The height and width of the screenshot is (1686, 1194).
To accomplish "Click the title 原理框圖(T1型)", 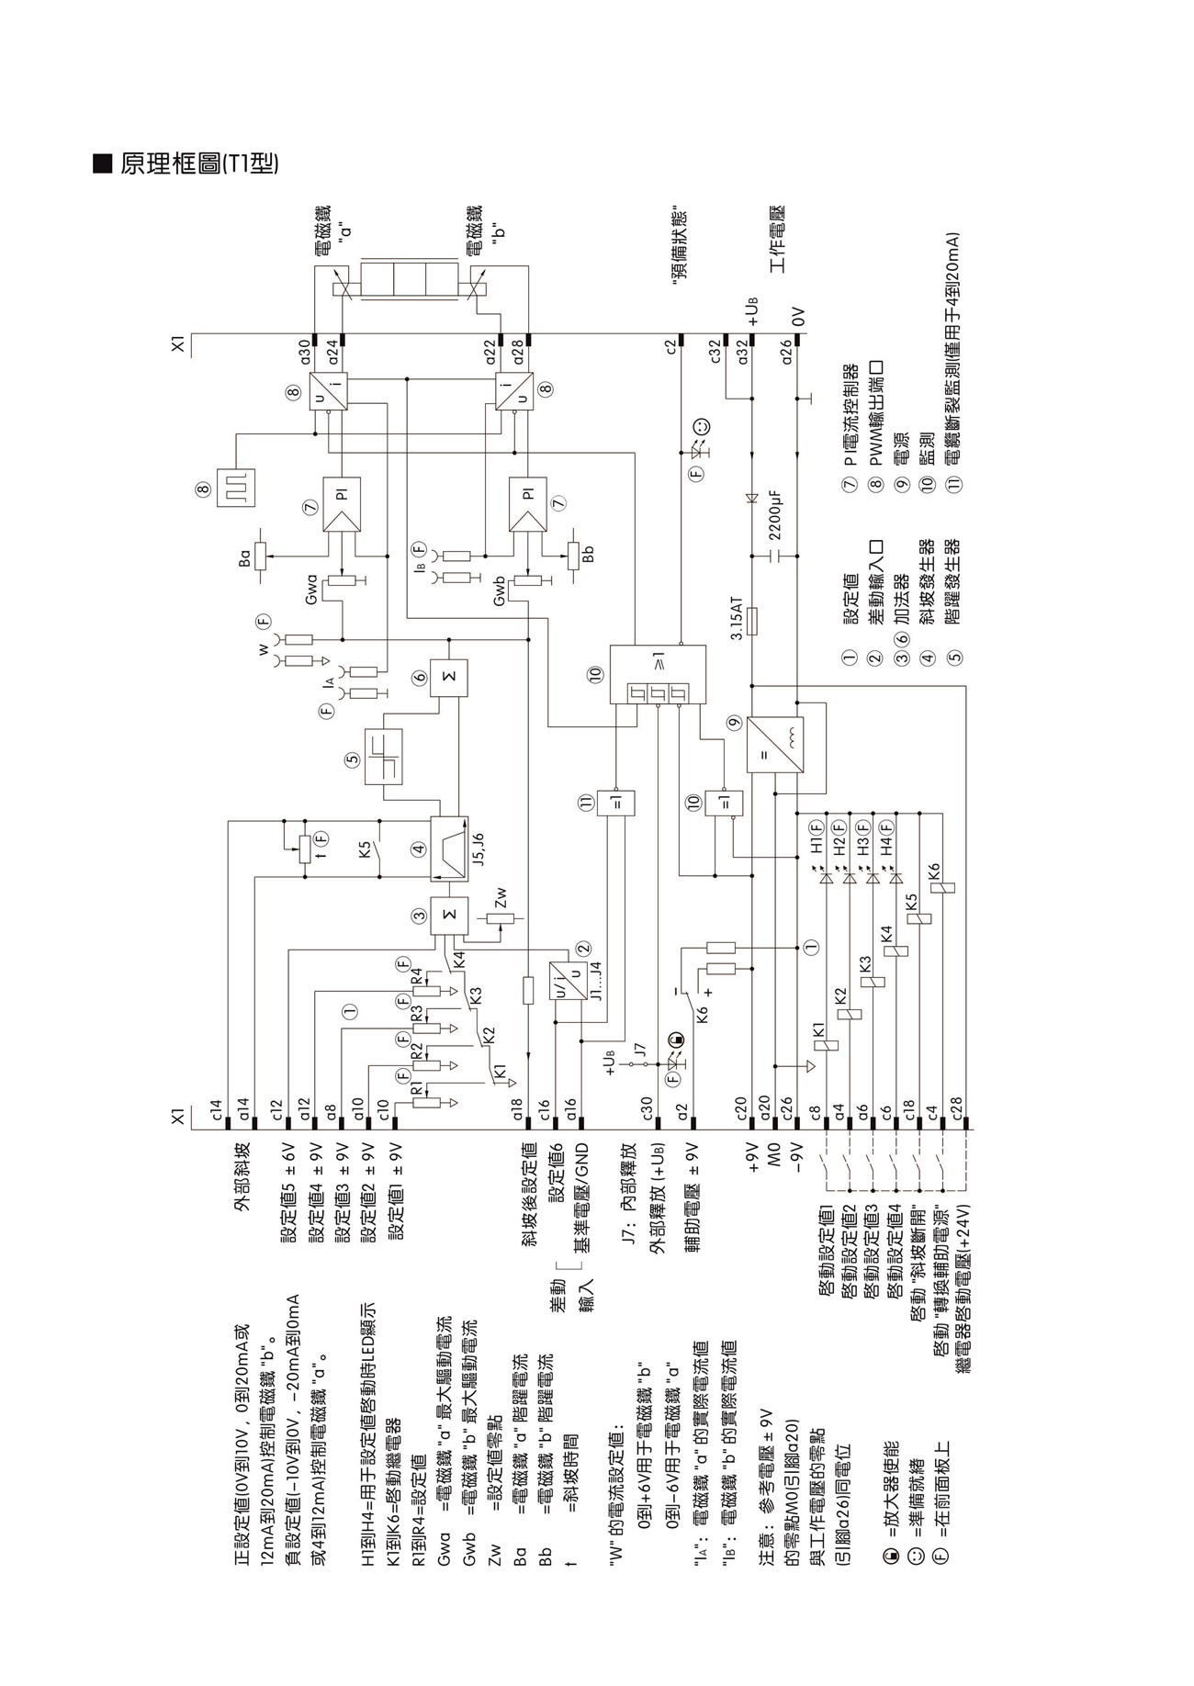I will tap(198, 164).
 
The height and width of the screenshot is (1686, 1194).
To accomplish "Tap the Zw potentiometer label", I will tap(501, 895).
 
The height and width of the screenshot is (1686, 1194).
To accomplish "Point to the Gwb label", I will tap(500, 591).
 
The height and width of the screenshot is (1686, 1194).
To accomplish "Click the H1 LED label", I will tap(817, 846).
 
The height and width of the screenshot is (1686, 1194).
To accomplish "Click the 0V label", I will tap(797, 318).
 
